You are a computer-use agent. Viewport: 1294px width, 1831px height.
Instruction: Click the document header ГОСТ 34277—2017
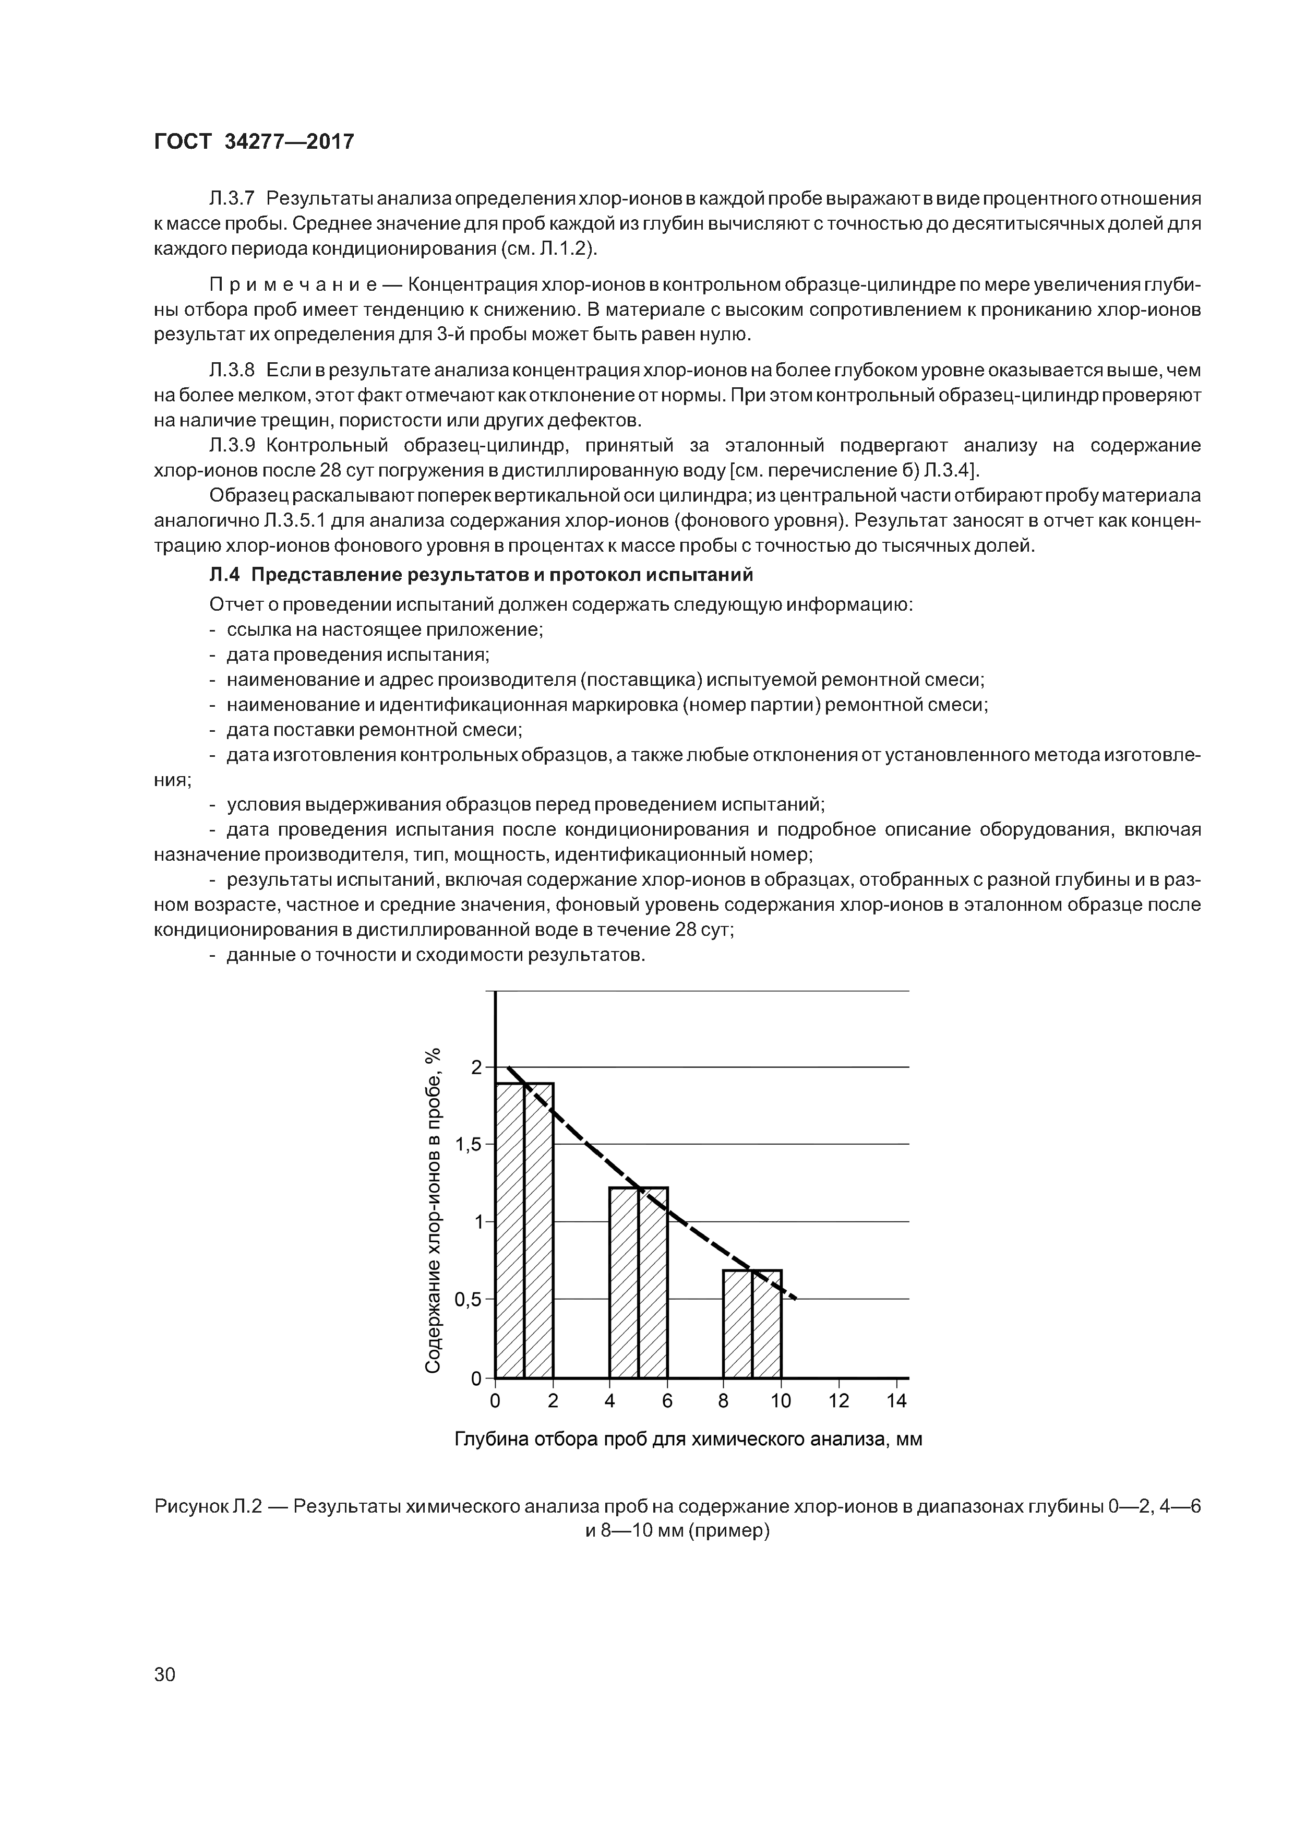point(254,142)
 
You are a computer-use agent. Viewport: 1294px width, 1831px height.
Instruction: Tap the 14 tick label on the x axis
point(896,1400)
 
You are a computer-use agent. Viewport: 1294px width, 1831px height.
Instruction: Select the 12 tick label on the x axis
point(838,1400)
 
